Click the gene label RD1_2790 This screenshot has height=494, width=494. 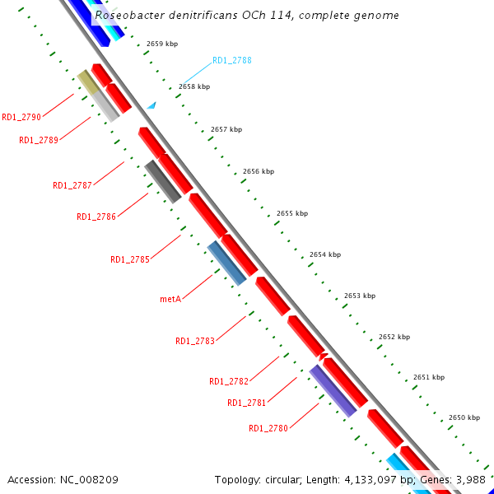click(21, 117)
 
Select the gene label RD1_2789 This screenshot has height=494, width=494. click(39, 140)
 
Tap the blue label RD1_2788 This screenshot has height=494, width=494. click(232, 60)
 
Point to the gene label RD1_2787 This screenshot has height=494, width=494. click(72, 185)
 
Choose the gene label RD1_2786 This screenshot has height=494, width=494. click(96, 217)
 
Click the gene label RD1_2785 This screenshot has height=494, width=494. click(130, 259)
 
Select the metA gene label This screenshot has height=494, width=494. click(170, 299)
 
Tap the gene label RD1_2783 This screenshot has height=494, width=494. click(195, 341)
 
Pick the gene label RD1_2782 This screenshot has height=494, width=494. click(229, 381)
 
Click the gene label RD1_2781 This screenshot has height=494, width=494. click(247, 403)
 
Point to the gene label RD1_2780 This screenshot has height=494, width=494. click(268, 428)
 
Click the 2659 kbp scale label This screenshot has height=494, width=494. click(162, 44)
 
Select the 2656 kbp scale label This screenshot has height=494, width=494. click(259, 171)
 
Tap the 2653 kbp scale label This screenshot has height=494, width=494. click(360, 296)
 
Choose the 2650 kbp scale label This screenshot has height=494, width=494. click(464, 417)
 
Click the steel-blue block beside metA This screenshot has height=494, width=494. click(226, 263)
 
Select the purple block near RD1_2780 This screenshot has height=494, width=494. click(333, 391)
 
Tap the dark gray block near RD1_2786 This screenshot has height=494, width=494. click(163, 182)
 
